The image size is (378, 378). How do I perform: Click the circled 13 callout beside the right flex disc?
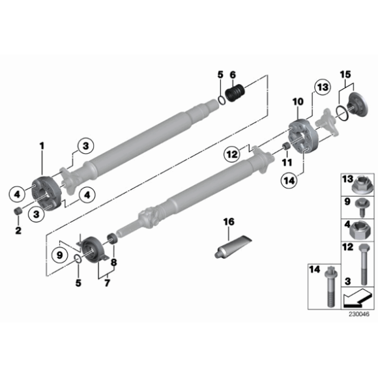coord(322,88)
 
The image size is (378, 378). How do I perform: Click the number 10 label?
coord(298,102)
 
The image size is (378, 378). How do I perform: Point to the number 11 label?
coord(286,160)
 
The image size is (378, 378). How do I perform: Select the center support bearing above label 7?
coord(93,248)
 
